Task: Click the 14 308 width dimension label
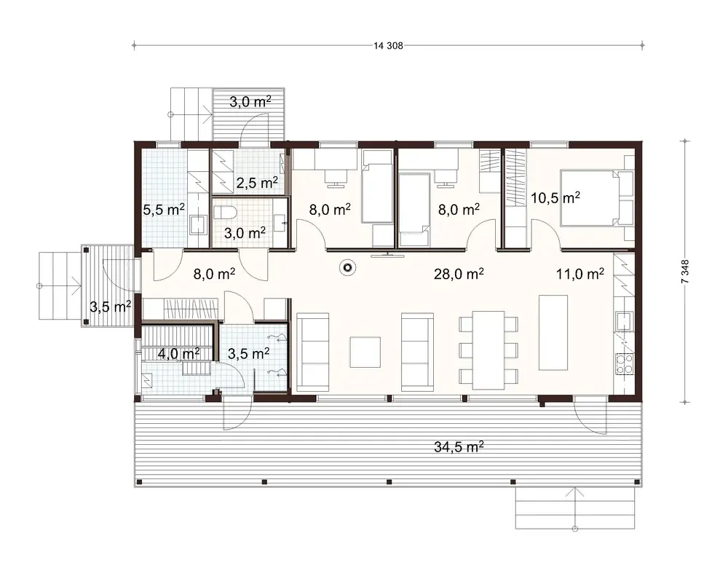coord(388,46)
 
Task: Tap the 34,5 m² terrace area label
coord(454,446)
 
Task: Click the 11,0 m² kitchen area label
coord(579,274)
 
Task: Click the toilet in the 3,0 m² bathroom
coord(223,213)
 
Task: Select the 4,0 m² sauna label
coord(178,353)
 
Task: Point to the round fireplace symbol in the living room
coord(349,268)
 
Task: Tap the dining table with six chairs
coord(488,350)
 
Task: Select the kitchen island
coord(553,333)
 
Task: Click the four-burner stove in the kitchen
coord(625,364)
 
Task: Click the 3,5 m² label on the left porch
coord(110,306)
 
